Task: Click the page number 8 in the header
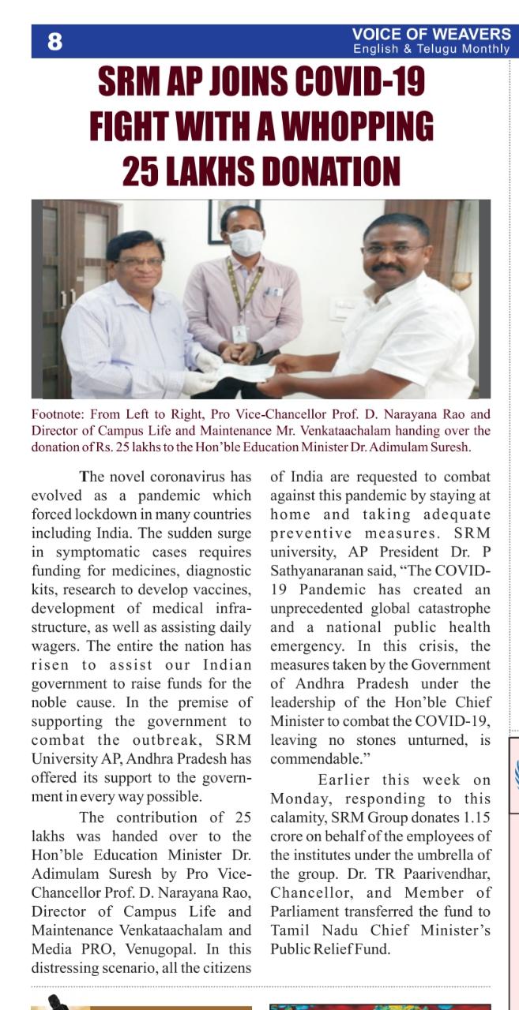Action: [x=55, y=42]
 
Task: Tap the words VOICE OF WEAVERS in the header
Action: [x=431, y=34]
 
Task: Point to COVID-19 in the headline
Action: [x=356, y=82]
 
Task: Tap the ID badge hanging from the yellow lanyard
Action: [x=239, y=333]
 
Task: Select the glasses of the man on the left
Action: [x=139, y=262]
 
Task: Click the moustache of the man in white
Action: [x=389, y=268]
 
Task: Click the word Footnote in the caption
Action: [x=57, y=414]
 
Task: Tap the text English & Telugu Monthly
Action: [x=431, y=49]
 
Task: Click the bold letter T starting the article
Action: [x=84, y=477]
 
